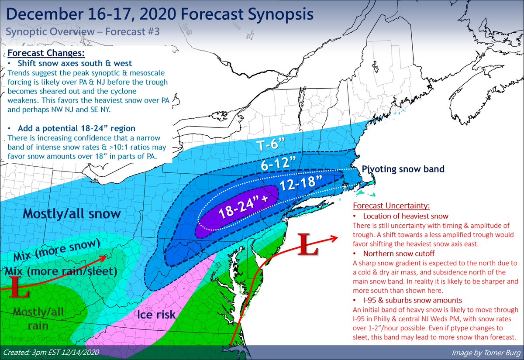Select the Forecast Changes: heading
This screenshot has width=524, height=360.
(45, 54)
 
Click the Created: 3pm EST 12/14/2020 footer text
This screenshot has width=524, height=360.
(49, 352)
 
